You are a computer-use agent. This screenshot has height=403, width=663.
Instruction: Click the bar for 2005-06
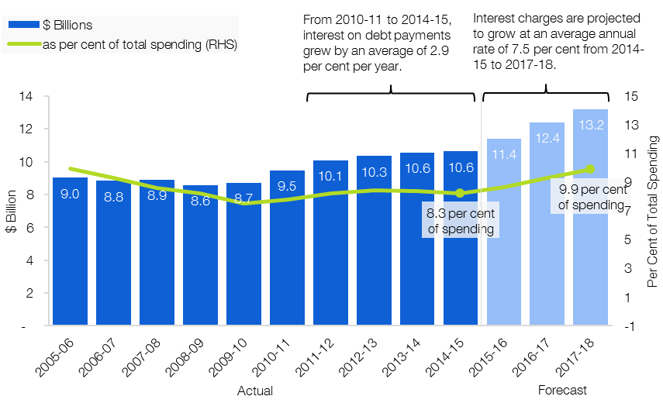[x=71, y=251]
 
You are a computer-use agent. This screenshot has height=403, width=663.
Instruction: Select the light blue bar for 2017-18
[x=590, y=217]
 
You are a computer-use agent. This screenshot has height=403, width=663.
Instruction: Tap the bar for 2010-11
[x=287, y=247]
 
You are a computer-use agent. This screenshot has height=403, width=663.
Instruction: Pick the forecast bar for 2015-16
[x=504, y=232]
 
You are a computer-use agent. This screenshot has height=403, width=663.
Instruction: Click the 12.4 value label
[x=547, y=138]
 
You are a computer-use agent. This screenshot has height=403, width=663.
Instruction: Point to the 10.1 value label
[x=330, y=176]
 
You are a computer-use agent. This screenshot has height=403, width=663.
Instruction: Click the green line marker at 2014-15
[x=460, y=193]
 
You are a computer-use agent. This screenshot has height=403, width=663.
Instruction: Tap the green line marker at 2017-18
[x=590, y=169]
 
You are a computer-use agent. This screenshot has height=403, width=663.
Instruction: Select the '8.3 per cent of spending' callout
[x=461, y=221]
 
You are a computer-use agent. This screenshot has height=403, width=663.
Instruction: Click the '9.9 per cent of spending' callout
[x=591, y=197]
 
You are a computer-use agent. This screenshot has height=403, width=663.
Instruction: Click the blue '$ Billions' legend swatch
[x=24, y=25]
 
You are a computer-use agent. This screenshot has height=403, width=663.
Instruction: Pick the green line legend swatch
[x=24, y=44]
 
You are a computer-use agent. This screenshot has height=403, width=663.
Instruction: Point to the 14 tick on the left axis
[x=26, y=96]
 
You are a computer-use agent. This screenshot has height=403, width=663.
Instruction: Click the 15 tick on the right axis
[x=631, y=96]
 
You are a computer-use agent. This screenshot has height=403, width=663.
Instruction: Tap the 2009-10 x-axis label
[x=228, y=357]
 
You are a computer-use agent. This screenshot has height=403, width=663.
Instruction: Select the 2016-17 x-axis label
[x=532, y=357]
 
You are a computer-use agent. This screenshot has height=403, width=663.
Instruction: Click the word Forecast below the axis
[x=562, y=390]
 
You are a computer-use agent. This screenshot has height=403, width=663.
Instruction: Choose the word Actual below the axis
[x=255, y=391]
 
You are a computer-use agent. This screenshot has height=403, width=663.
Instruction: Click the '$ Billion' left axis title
[x=12, y=212]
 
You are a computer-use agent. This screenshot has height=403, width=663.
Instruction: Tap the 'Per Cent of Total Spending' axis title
[x=652, y=212]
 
